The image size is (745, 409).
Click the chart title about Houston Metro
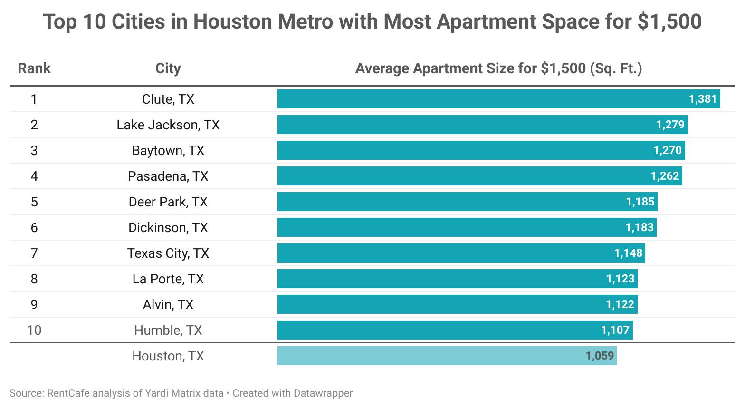(372, 22)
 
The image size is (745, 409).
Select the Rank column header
(34, 68)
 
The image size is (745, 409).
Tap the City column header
(168, 68)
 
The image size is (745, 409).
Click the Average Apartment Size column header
(498, 68)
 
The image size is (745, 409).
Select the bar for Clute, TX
(475, 99)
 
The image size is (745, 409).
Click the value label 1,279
(670, 125)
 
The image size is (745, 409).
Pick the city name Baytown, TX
(168, 150)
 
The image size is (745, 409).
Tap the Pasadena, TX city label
(168, 176)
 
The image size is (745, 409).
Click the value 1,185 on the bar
(640, 202)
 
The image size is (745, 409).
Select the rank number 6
(34, 227)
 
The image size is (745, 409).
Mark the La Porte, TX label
(168, 279)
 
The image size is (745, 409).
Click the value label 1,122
(620, 304)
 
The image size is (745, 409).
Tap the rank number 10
(34, 330)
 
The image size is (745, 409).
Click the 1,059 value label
(600, 356)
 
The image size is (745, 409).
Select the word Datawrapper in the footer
(323, 393)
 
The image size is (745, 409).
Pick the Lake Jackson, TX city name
(168, 125)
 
